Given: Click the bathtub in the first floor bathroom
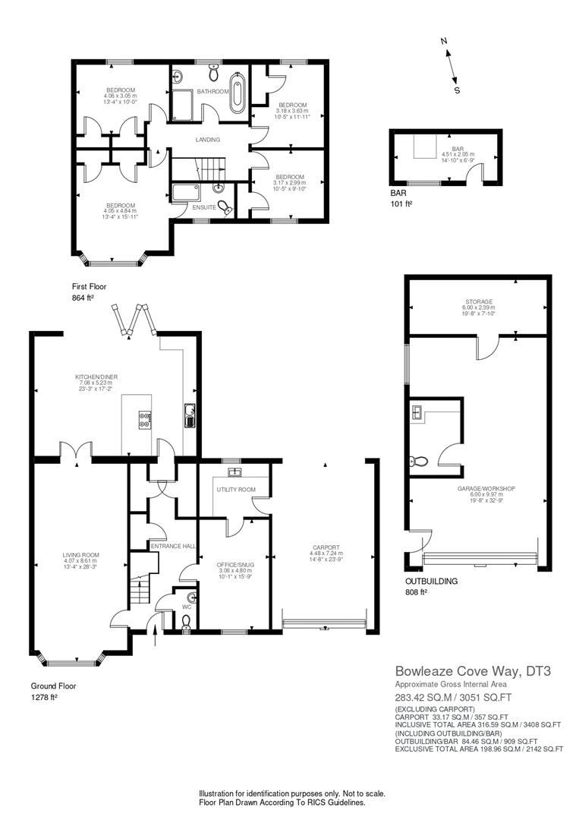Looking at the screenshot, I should (238, 93).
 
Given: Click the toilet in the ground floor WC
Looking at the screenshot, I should (186, 622).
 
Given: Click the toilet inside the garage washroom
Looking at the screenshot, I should (416, 460).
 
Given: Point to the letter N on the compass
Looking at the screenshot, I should (445, 43).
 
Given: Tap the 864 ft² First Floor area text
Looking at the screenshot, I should (82, 298).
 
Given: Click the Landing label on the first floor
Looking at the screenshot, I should (207, 140).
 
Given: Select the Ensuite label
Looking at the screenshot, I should (202, 207).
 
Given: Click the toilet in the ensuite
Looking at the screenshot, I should (224, 207).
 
